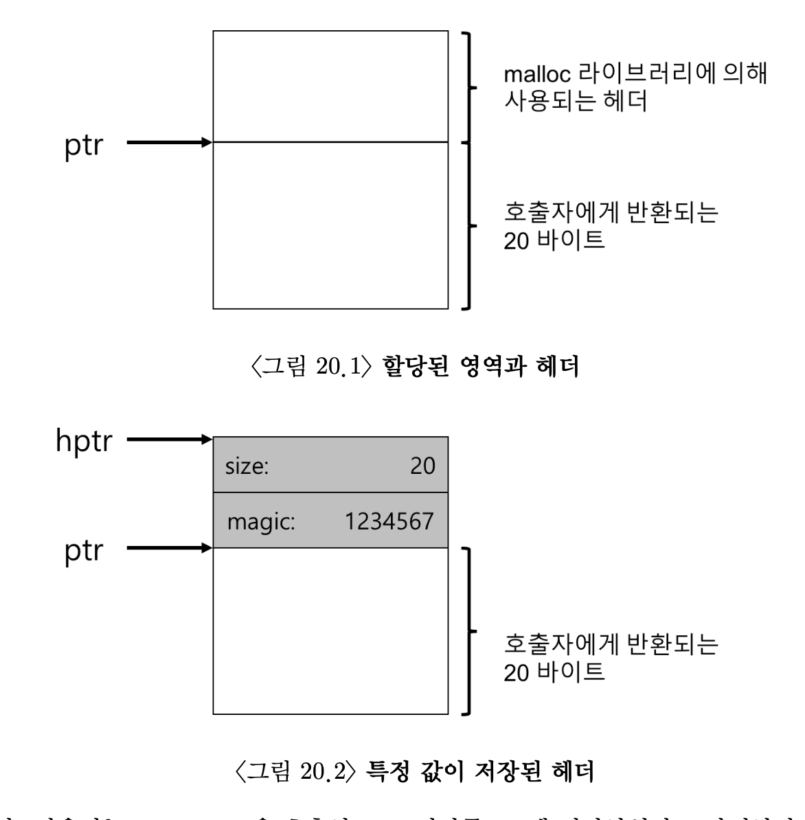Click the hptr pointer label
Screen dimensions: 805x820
click(x=83, y=442)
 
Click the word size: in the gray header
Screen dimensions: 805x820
click(x=247, y=466)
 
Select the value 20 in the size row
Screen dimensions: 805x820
click(x=422, y=466)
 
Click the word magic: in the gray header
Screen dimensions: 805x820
click(x=261, y=521)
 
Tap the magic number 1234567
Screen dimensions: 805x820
click(x=389, y=521)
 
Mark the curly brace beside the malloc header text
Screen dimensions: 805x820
click(x=469, y=87)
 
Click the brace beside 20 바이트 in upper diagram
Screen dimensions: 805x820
click(x=469, y=225)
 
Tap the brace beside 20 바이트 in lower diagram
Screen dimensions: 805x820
click(x=469, y=630)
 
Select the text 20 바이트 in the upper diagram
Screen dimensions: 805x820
click(x=554, y=242)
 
